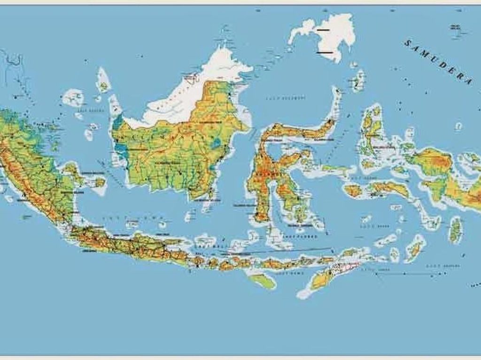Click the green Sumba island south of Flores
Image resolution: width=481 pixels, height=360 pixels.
[262, 281]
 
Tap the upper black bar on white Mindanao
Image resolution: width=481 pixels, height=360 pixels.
[323, 30]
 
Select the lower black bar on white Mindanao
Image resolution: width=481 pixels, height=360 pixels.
[322, 53]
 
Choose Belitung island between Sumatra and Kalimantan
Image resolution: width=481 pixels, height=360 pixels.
[99, 182]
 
